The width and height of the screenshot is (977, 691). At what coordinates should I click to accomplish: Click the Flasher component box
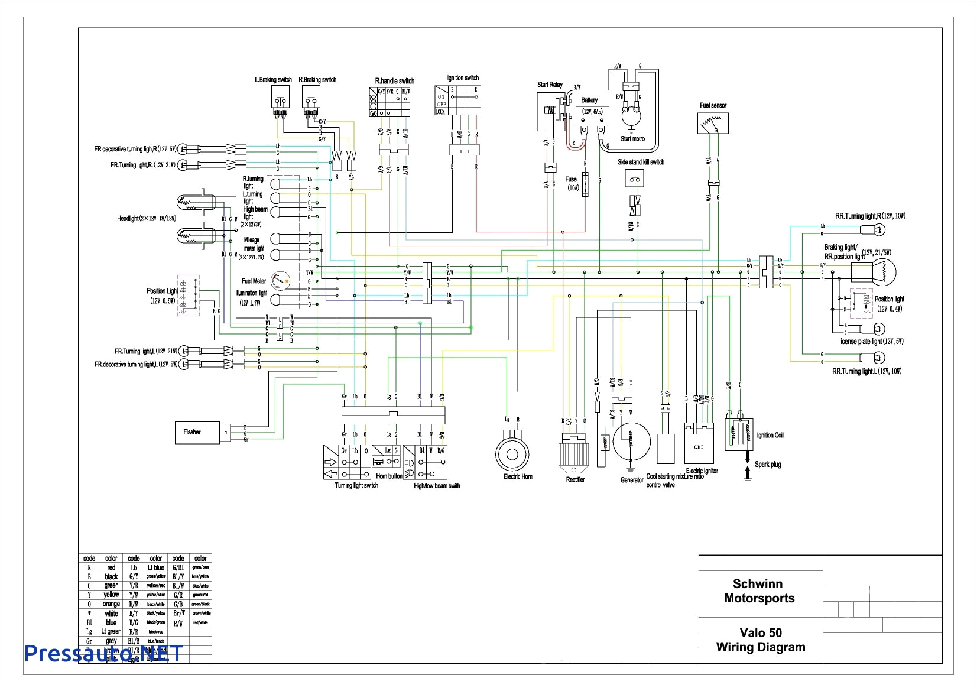197,432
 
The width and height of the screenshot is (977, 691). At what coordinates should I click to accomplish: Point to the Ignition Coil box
739,434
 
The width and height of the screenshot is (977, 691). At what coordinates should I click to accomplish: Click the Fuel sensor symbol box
713,122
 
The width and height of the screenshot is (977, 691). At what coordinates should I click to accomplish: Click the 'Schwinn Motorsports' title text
759,591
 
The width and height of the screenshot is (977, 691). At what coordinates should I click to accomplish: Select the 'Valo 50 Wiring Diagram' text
760,640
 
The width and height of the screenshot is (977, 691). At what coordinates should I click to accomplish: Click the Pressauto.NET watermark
103,653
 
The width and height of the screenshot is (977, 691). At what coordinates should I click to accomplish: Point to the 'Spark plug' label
768,465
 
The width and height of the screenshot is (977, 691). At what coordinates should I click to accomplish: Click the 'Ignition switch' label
463,78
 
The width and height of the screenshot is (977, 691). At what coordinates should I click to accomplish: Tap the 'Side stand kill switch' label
641,162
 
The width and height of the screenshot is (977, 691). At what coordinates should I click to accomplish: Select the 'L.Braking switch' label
273,80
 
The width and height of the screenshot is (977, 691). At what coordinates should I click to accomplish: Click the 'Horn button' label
389,476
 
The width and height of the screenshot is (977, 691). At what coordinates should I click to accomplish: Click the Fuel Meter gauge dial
279,281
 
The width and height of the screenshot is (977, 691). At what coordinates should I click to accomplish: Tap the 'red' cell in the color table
111,567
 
